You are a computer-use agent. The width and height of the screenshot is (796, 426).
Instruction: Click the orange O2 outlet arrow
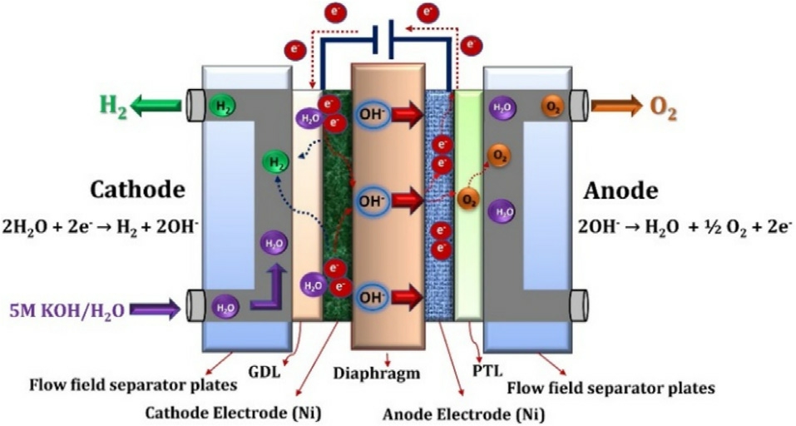coord(615,106)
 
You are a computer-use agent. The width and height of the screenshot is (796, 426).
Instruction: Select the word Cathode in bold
coord(137,191)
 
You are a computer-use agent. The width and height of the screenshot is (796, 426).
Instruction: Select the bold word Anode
coord(620,191)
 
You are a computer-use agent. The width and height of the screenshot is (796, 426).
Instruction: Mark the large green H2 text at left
coord(113,107)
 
